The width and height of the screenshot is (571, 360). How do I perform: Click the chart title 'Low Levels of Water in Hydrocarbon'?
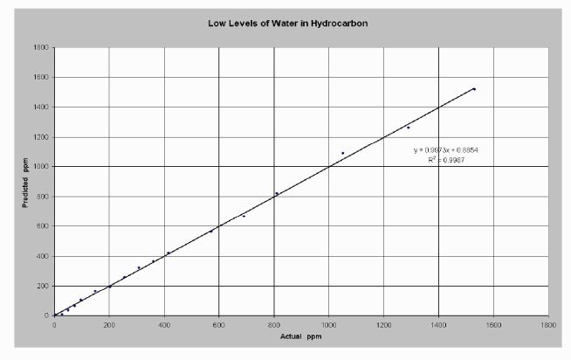[x=287, y=23]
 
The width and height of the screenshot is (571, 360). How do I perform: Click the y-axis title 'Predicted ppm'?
[x=26, y=183]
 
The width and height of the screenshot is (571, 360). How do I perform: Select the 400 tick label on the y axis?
[x=41, y=257]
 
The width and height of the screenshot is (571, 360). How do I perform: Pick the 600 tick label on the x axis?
[x=219, y=323]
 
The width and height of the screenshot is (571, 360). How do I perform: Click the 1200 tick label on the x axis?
[x=383, y=323]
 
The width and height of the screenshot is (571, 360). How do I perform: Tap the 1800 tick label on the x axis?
[x=548, y=323]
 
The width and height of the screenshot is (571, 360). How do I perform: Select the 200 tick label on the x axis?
[x=109, y=323]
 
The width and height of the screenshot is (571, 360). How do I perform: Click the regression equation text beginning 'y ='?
[x=445, y=150]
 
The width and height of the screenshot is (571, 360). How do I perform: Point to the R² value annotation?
[x=445, y=161]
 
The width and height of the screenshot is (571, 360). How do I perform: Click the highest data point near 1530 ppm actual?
[x=474, y=89]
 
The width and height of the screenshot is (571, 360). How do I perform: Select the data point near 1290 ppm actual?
[x=408, y=128]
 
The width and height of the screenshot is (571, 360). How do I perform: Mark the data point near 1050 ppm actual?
[x=342, y=153]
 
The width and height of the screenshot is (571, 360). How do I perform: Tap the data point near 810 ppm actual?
[x=277, y=193]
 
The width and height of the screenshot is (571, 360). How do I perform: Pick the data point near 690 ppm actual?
[x=244, y=215]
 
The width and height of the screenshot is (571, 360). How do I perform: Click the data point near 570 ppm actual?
[x=210, y=232]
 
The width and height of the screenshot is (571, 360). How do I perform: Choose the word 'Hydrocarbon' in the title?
[x=341, y=23]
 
